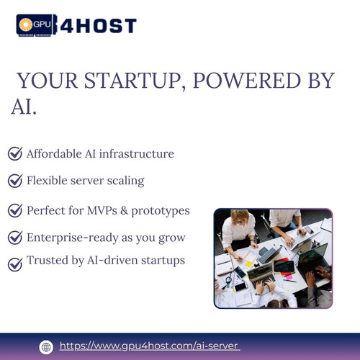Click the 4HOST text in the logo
[x=103, y=27]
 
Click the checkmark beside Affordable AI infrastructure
[x=14, y=153]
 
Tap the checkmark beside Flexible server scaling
[x=14, y=180]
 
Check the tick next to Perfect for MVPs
[x=14, y=210]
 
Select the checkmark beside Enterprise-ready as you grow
[x=14, y=237]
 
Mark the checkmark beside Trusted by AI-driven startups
[x=14, y=264]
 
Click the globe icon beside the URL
[x=46, y=346]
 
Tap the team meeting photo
[x=273, y=258]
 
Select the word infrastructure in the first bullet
[x=138, y=153]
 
